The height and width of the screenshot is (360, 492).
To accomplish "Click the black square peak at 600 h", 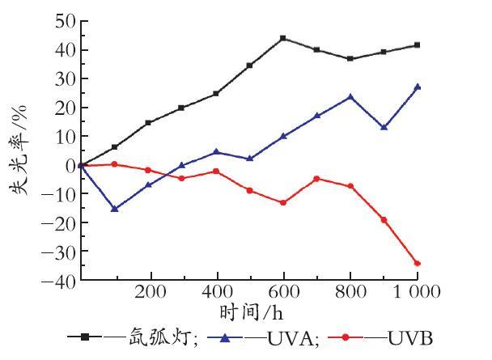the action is pos(283,38).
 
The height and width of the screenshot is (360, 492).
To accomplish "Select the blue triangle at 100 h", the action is pos(115,208).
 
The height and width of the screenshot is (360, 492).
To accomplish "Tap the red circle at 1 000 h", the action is pos(418,264).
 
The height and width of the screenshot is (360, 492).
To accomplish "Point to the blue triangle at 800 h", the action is pos(350,97).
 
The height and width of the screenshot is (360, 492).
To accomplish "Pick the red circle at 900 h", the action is pos(384,220).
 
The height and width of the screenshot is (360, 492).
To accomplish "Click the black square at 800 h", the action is pos(350,58).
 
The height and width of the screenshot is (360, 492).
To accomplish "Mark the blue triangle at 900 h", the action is pos(384,127).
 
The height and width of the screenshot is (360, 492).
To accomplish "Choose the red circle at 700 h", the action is pos(316,179).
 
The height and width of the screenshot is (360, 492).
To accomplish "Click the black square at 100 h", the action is pos(115,146).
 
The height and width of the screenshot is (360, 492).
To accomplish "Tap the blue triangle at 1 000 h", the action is pos(418,87).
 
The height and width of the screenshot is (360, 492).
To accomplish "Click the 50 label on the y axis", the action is pos(66,21).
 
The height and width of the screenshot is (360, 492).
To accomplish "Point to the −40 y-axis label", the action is pos(59,280).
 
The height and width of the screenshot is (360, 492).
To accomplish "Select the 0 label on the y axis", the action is pos(71,165).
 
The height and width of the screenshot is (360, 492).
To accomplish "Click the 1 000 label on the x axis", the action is pos(418,291).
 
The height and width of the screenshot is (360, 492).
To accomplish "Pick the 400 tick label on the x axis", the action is pos(218,291).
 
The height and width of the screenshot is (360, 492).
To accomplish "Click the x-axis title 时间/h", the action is pos(251,312).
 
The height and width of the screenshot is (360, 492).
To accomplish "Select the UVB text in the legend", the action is pos(410,338).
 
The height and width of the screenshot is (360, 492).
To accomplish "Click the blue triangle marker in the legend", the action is pos(225,337).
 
